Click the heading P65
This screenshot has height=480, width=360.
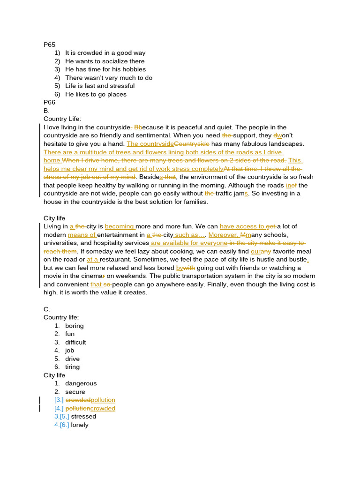49,45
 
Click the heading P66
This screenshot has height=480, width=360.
49,102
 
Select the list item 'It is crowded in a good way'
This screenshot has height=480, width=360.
105,53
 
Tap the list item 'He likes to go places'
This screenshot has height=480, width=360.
96,94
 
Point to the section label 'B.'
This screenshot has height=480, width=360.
46,111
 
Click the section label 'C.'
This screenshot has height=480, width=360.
46,309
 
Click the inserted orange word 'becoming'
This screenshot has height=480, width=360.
120,226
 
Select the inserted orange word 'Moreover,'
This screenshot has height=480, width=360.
223,235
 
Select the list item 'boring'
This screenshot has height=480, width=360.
75,326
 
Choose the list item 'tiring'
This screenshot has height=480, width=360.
72,367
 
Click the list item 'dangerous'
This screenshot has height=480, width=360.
81,383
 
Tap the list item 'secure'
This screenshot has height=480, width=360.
75,392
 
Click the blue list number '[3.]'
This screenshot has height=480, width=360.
59,400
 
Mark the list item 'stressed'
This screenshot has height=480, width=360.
83,416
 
